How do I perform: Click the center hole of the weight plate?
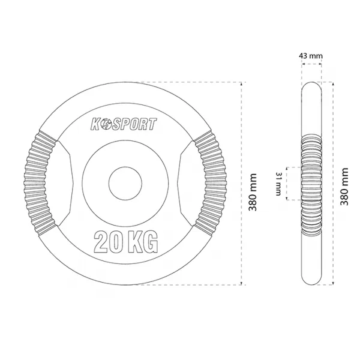pos(125,184)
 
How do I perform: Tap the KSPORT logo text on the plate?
pos(124,124)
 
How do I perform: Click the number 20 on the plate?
pos(107,242)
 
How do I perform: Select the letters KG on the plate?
pos(143,242)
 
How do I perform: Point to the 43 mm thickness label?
pos(311,56)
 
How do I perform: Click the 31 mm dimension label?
pos(278,184)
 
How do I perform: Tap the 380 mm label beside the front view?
pos(253,192)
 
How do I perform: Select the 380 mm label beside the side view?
pos(344,187)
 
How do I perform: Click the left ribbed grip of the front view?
pos(40,183)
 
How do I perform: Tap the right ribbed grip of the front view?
pos(211,183)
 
